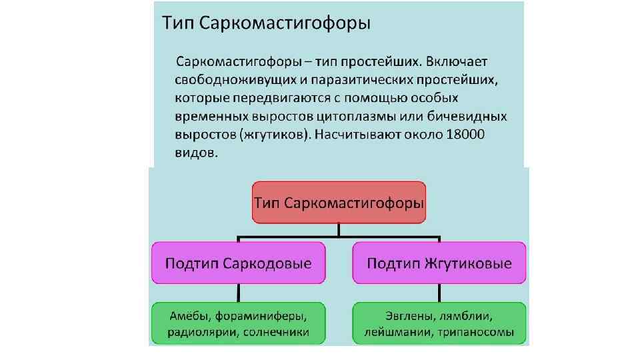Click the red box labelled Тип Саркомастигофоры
[x=339, y=202]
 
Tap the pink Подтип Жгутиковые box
[x=439, y=263]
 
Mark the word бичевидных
[x=471, y=117]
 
